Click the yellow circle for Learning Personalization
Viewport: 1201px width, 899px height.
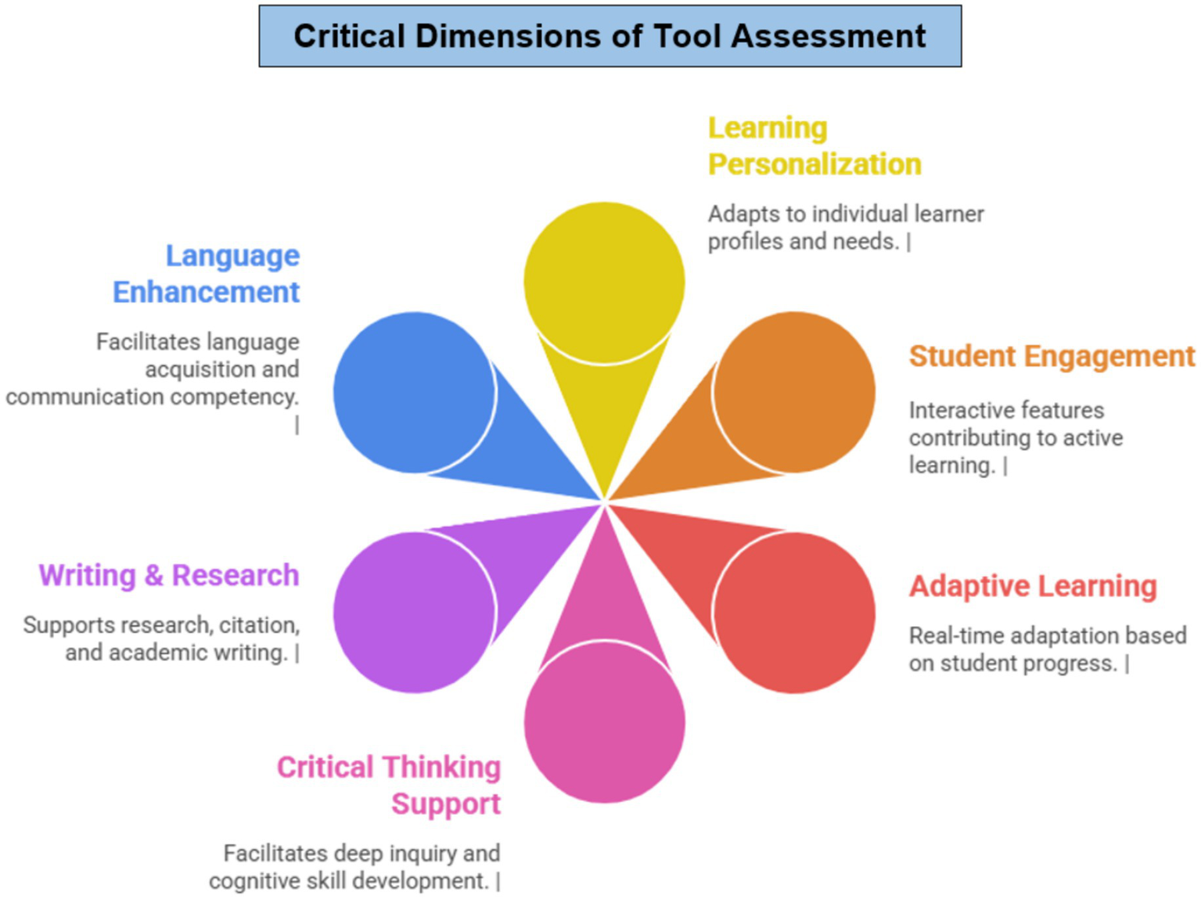pyautogui.click(x=604, y=282)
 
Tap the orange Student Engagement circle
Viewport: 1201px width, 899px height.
pyautogui.click(x=794, y=392)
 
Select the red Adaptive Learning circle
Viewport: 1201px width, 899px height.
pyautogui.click(x=794, y=612)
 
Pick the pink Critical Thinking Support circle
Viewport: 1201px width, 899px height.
pyautogui.click(x=604, y=721)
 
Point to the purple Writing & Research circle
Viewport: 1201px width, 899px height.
pyautogui.click(x=414, y=612)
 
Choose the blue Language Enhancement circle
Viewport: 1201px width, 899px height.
pyautogui.click(x=414, y=392)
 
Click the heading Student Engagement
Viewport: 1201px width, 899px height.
pyautogui.click(x=1052, y=357)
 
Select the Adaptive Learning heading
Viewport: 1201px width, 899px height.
pyautogui.click(x=1033, y=586)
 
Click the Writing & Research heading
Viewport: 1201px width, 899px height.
pyautogui.click(x=169, y=575)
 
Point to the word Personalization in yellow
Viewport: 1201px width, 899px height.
pyautogui.click(x=814, y=164)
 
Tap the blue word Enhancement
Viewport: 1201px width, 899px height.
pyautogui.click(x=206, y=292)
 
